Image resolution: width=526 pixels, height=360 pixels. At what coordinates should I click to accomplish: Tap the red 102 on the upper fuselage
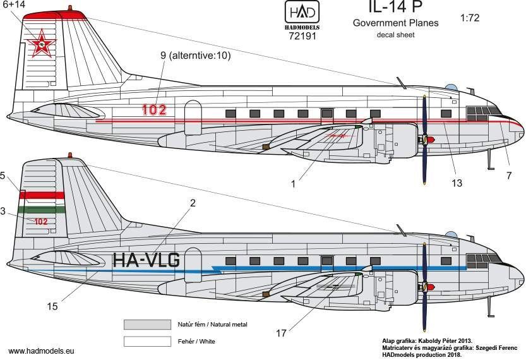point(154,109)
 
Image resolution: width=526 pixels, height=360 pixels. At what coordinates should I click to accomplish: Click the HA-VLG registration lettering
point(146,260)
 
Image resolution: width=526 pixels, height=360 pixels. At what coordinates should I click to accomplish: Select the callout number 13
point(457,183)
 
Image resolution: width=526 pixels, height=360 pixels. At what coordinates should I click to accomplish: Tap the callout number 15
point(52,306)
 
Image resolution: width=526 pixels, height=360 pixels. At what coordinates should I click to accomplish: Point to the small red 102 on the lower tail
point(40,222)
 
